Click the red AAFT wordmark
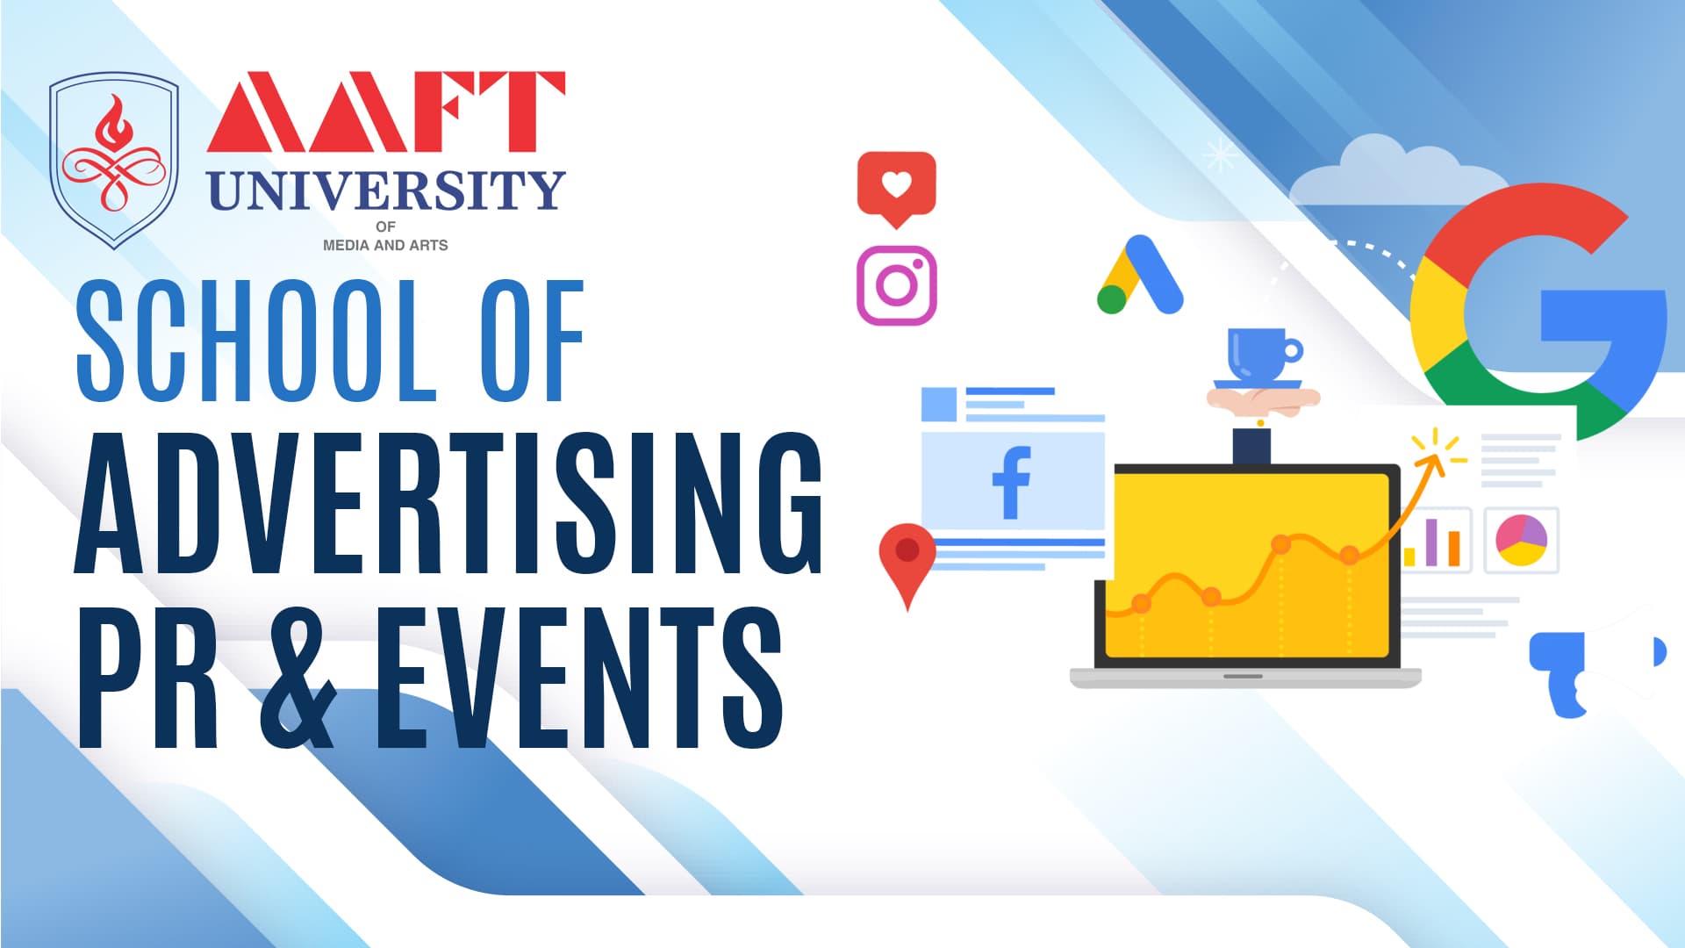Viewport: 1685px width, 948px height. (386, 111)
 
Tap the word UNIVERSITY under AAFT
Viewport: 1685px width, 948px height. (386, 190)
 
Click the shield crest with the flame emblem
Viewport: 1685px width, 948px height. (114, 161)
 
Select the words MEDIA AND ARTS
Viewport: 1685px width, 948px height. (385, 246)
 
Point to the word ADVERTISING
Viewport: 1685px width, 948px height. (448, 504)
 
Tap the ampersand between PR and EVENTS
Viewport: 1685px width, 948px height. (298, 677)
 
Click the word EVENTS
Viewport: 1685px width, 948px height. (580, 677)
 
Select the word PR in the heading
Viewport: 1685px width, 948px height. (148, 677)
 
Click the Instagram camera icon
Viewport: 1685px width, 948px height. (896, 285)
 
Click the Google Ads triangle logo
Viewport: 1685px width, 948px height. (1140, 274)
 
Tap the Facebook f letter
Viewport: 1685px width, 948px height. (1012, 483)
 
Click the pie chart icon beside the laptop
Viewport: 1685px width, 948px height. (1521, 540)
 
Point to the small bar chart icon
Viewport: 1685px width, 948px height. (1431, 542)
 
